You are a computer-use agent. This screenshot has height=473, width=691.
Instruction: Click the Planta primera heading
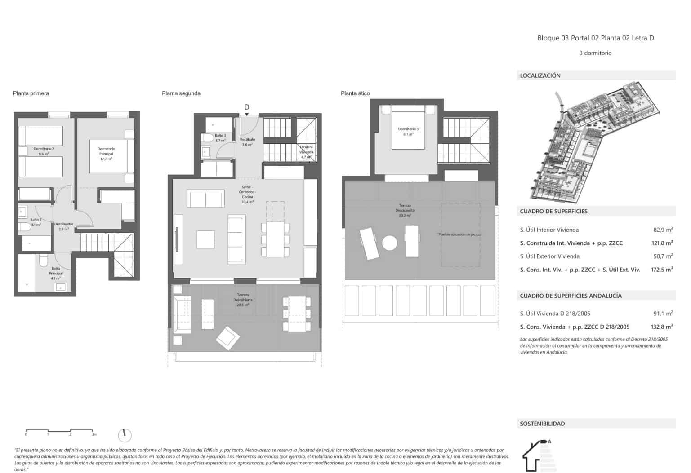[x=31, y=93]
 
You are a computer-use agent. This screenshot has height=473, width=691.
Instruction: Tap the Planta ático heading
[x=355, y=93]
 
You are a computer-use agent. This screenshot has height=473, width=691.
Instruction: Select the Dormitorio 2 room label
[x=44, y=151]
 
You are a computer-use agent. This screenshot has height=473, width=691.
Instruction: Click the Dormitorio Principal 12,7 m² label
[x=106, y=154]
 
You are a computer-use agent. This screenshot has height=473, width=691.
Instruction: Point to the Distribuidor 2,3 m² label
[x=64, y=226]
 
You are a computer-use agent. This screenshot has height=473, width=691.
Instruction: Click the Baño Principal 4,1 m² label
[x=56, y=273]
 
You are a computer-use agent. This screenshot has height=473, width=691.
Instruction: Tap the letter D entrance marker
[x=246, y=107]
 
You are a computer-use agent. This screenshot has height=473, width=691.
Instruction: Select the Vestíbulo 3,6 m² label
[x=247, y=142]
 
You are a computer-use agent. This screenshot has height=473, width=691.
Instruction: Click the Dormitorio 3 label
[x=408, y=132]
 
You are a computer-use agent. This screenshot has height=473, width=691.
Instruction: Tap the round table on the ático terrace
[x=389, y=243]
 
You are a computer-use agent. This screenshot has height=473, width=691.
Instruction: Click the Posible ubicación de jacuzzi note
[x=459, y=234]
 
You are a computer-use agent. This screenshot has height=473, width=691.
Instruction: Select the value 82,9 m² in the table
[x=663, y=230]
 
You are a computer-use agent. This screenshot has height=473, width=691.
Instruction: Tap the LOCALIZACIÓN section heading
[x=540, y=75]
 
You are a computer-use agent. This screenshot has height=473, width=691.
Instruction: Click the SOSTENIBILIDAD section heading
[x=542, y=424]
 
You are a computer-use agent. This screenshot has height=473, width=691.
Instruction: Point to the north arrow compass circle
[x=125, y=435]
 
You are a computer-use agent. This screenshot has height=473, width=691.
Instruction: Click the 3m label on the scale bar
[x=94, y=434]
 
